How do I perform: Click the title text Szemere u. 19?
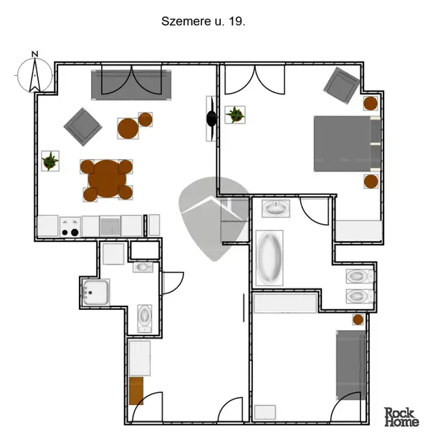pos(203,21)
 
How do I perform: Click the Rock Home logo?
pos(401,417)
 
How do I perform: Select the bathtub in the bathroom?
pos(269,258)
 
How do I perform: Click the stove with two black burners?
pos(70,227)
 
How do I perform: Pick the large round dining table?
pos(107,179)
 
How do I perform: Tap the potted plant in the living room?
pos(50,161)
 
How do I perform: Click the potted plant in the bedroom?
pos(235,115)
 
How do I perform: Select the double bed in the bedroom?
pos(347,143)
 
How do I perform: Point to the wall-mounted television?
pos(211,118)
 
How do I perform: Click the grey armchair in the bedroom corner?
pos(342,85)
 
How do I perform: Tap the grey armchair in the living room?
pos(83,127)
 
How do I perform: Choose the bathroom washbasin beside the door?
pos(276,208)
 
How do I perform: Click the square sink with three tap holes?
pos(95,292)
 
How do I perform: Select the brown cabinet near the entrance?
pos(136,391)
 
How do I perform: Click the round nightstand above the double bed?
pos(371,103)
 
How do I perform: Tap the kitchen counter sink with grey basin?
pos(110,226)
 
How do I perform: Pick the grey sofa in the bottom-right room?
pos(351,365)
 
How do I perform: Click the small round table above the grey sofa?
pos(358,320)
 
